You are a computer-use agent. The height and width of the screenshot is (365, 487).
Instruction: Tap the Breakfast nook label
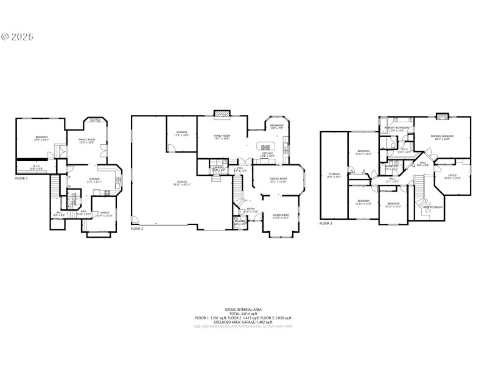coord(277,127)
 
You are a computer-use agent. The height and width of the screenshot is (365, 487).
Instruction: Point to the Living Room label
coord(281,215)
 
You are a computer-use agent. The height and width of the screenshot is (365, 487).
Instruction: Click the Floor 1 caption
coord(23,178)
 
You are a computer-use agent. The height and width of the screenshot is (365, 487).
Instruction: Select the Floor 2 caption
coord(137,229)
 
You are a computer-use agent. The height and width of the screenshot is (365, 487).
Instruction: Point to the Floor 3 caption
coord(326,223)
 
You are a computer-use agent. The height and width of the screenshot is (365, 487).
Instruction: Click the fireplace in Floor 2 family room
coord(222,114)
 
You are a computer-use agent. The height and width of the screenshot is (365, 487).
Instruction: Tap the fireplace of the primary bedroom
coord(443,115)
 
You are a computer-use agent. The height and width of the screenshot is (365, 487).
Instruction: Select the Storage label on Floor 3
coord(334,175)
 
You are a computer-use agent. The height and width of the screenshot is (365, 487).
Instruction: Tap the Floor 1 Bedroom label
coord(41,137)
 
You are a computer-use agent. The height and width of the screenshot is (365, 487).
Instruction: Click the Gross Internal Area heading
coord(243,310)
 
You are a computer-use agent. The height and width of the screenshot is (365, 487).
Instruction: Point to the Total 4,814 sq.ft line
coord(243,314)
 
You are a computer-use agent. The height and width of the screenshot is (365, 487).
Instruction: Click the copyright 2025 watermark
coord(18,36)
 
